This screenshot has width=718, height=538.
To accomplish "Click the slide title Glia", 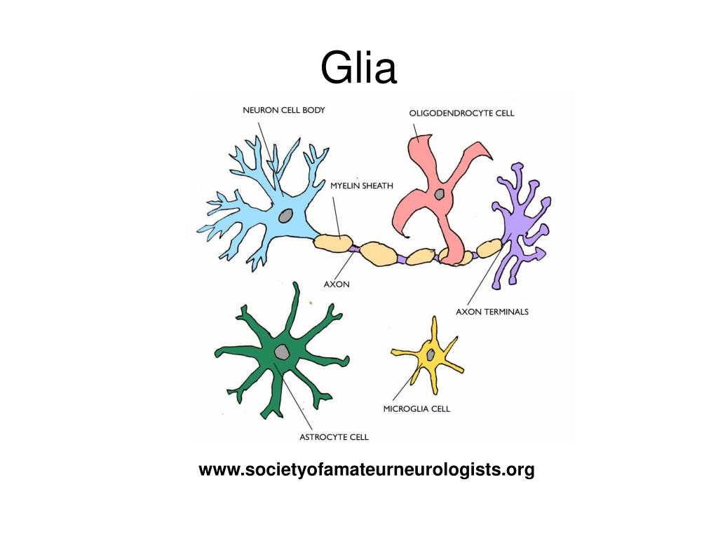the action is pos(358,68).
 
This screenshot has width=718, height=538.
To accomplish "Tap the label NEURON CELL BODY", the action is pos(284,110).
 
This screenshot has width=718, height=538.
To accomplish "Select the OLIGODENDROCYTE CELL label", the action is pos(461,113).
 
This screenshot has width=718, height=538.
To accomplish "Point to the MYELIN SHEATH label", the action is pos(362,186).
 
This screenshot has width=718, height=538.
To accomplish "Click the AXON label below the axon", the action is pos(337,284).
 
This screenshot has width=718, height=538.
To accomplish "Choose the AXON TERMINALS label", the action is pos(492,312).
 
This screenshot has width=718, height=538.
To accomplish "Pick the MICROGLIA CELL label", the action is pos(416,408).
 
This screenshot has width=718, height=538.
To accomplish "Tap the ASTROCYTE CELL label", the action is pos(334,437).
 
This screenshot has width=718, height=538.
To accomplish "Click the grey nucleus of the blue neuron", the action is pos(286,216).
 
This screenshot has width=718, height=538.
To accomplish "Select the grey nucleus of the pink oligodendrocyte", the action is pos(439,194).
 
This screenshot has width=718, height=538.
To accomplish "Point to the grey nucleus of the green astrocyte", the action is pos(282,352).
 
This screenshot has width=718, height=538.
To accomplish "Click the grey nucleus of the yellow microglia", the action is pos(431,354).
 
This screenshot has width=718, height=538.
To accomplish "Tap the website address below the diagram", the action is pos(366,470).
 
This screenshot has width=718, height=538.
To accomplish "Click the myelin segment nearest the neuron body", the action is pos(333,242).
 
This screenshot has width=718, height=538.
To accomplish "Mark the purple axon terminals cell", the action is pos(522,224).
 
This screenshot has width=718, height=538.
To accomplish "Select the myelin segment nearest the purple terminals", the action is pos(489,248).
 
